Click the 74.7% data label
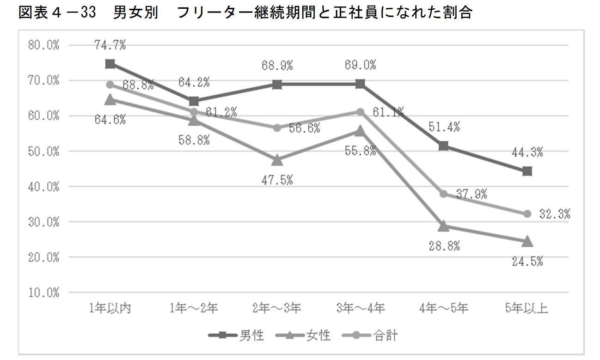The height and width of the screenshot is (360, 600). point(110,45)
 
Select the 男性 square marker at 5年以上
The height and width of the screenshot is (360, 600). point(527,171)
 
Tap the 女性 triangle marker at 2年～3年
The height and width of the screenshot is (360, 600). point(277,160)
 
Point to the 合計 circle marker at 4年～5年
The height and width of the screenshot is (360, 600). point(444,194)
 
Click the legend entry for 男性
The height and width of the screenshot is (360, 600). point(236,336)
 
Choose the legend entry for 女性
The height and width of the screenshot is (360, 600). point(303,336)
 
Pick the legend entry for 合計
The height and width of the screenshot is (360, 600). point(370,336)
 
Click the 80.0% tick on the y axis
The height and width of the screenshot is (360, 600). point(43,45)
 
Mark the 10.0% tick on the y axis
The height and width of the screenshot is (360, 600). point(43,293)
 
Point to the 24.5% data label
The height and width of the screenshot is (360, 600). point(527,262)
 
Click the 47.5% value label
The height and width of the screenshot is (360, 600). point(277,180)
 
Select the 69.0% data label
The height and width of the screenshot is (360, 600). point(360,65)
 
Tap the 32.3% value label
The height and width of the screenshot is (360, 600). point(555,214)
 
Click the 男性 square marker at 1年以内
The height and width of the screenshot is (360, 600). point(110,64)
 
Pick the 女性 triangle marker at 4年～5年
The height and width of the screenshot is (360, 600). point(444,226)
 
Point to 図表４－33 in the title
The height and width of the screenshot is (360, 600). point(57,12)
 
